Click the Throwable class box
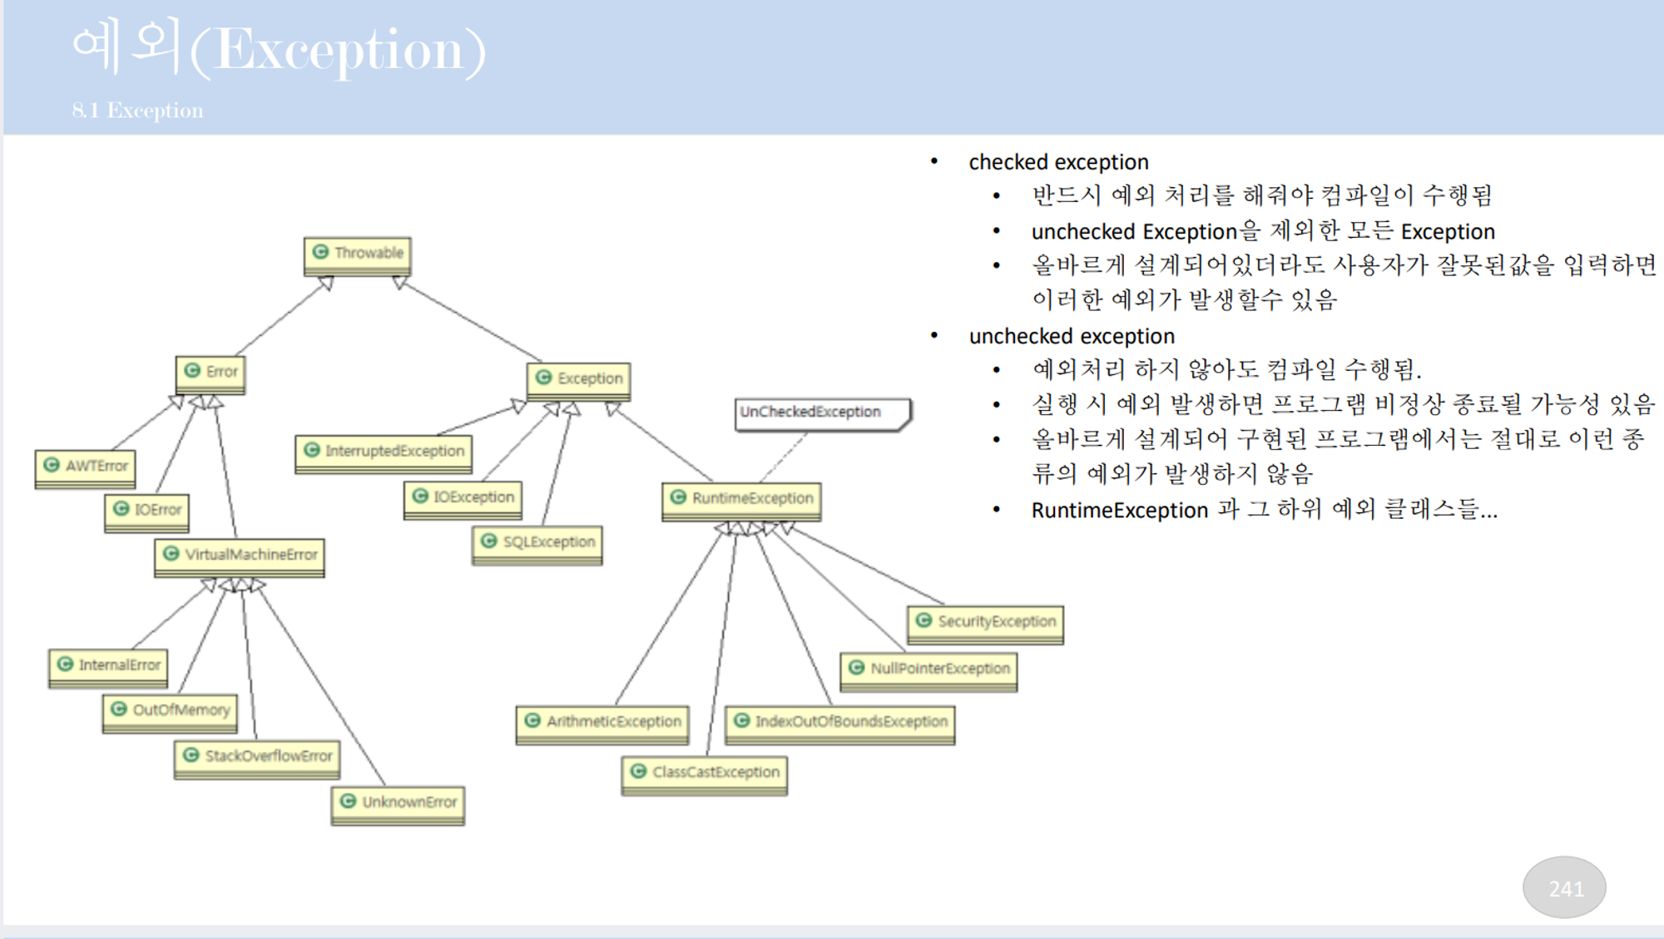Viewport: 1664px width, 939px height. (357, 254)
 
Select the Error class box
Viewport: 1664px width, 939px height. (210, 373)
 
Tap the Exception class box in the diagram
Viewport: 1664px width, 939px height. (579, 379)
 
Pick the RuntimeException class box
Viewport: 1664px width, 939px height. (741, 499)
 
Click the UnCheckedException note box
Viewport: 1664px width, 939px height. (821, 413)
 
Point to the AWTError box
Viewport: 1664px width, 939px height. (85, 467)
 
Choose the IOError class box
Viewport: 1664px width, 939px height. (147, 510)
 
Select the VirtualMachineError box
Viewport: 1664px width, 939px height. (240, 556)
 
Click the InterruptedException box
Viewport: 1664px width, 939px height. (384, 452)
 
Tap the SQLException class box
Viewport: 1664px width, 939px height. (537, 543)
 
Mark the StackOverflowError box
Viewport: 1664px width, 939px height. (257, 757)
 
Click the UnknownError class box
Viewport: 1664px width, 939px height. (398, 803)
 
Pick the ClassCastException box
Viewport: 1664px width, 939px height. (704, 773)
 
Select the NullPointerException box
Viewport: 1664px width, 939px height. (929, 670)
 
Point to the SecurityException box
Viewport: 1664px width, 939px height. (985, 623)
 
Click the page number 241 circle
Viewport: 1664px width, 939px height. (1564, 888)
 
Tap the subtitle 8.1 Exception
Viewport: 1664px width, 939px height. (137, 111)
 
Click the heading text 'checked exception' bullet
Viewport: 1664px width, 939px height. (1058, 162)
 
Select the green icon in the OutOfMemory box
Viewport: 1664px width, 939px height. (119, 709)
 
